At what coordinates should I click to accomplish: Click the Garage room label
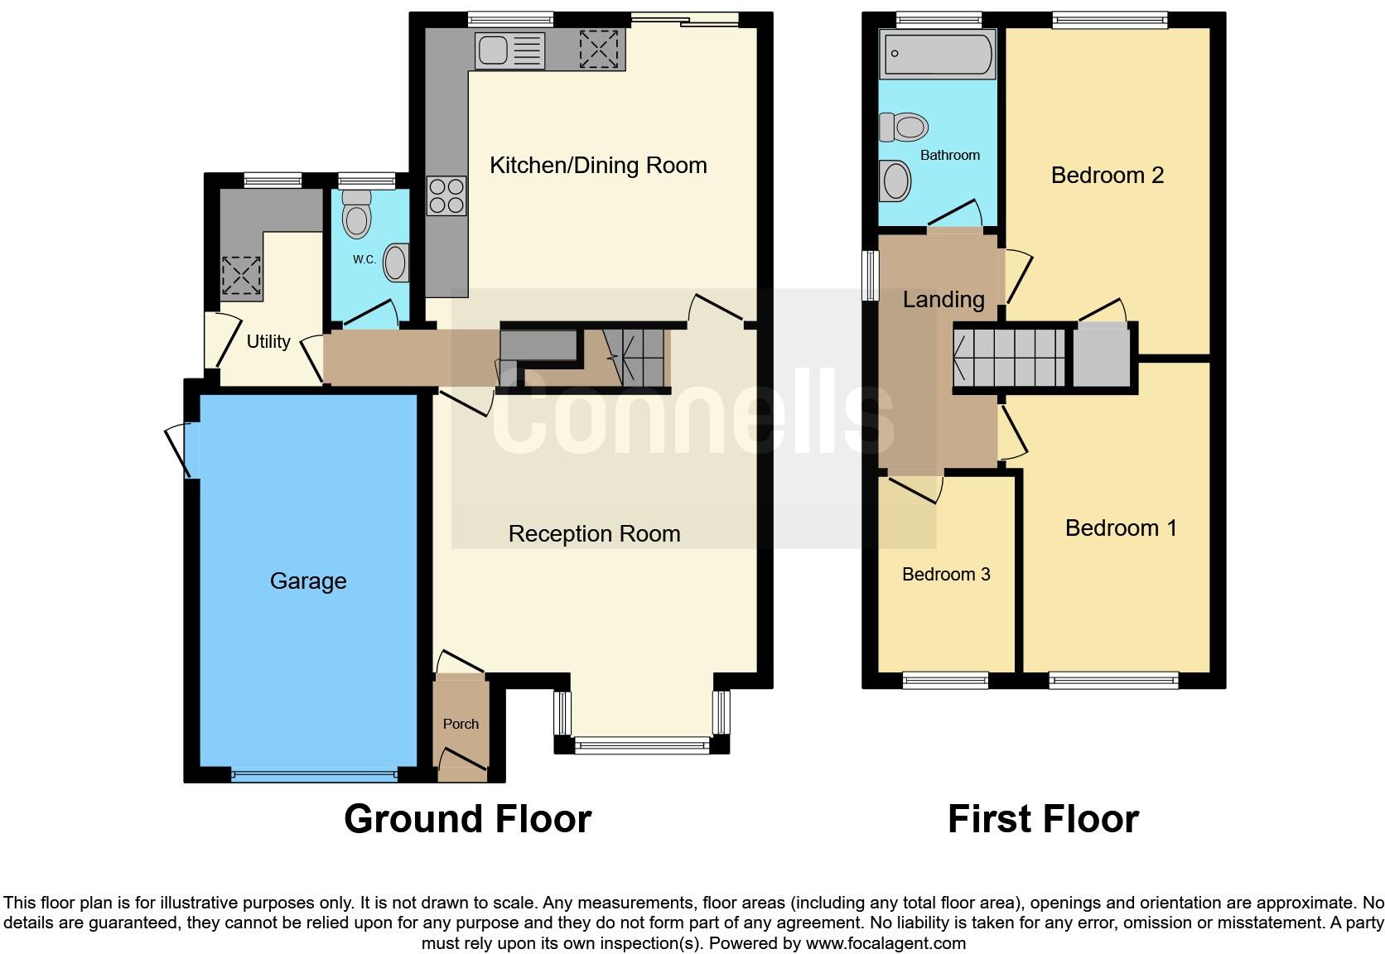tap(308, 581)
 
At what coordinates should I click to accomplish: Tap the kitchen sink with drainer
tap(509, 51)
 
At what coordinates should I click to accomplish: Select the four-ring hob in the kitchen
tap(446, 196)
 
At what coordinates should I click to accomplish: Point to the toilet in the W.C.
tap(357, 214)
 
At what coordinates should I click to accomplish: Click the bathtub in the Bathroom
tap(938, 55)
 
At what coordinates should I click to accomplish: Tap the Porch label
tap(461, 724)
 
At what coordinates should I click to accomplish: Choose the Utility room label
tap(268, 341)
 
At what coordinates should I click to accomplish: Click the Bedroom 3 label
tap(946, 575)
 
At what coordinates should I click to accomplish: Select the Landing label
tap(943, 300)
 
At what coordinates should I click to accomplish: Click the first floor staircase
tap(1009, 358)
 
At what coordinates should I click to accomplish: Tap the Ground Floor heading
tap(467, 819)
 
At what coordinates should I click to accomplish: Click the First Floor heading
tap(1043, 819)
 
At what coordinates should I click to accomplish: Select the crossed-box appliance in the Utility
tap(241, 277)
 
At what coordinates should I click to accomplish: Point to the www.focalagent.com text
tap(885, 942)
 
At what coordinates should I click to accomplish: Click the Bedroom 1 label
tap(1121, 528)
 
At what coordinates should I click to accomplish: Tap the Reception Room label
tap(594, 534)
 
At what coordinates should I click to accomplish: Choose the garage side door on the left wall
tap(184, 450)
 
